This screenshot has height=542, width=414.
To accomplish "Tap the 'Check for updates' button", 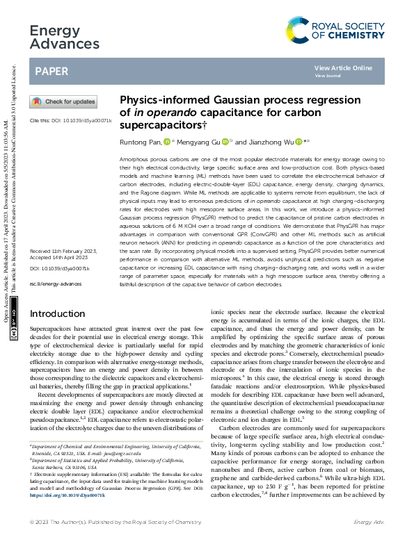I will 63,101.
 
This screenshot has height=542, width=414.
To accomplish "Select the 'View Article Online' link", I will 343,67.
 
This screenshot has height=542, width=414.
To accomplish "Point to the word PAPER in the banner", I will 52,72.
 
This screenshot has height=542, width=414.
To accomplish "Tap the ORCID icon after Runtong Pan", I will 166,141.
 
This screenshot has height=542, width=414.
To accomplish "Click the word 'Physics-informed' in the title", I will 157,99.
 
